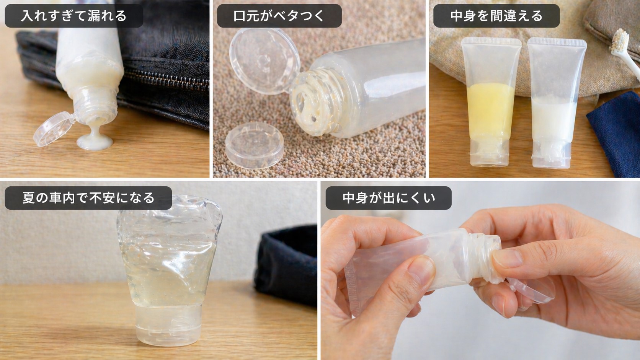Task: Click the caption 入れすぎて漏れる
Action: pos(73,16)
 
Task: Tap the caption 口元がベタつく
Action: pos(279,16)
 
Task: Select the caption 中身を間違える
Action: pos(496,16)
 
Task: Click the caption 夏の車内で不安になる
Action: pos(88,198)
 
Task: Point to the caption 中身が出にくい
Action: pos(389,198)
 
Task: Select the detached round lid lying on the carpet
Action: pos(254,145)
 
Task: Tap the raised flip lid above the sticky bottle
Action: pos(264,55)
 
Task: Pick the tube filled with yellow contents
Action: pos(490,103)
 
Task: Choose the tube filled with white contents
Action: pos(554,103)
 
